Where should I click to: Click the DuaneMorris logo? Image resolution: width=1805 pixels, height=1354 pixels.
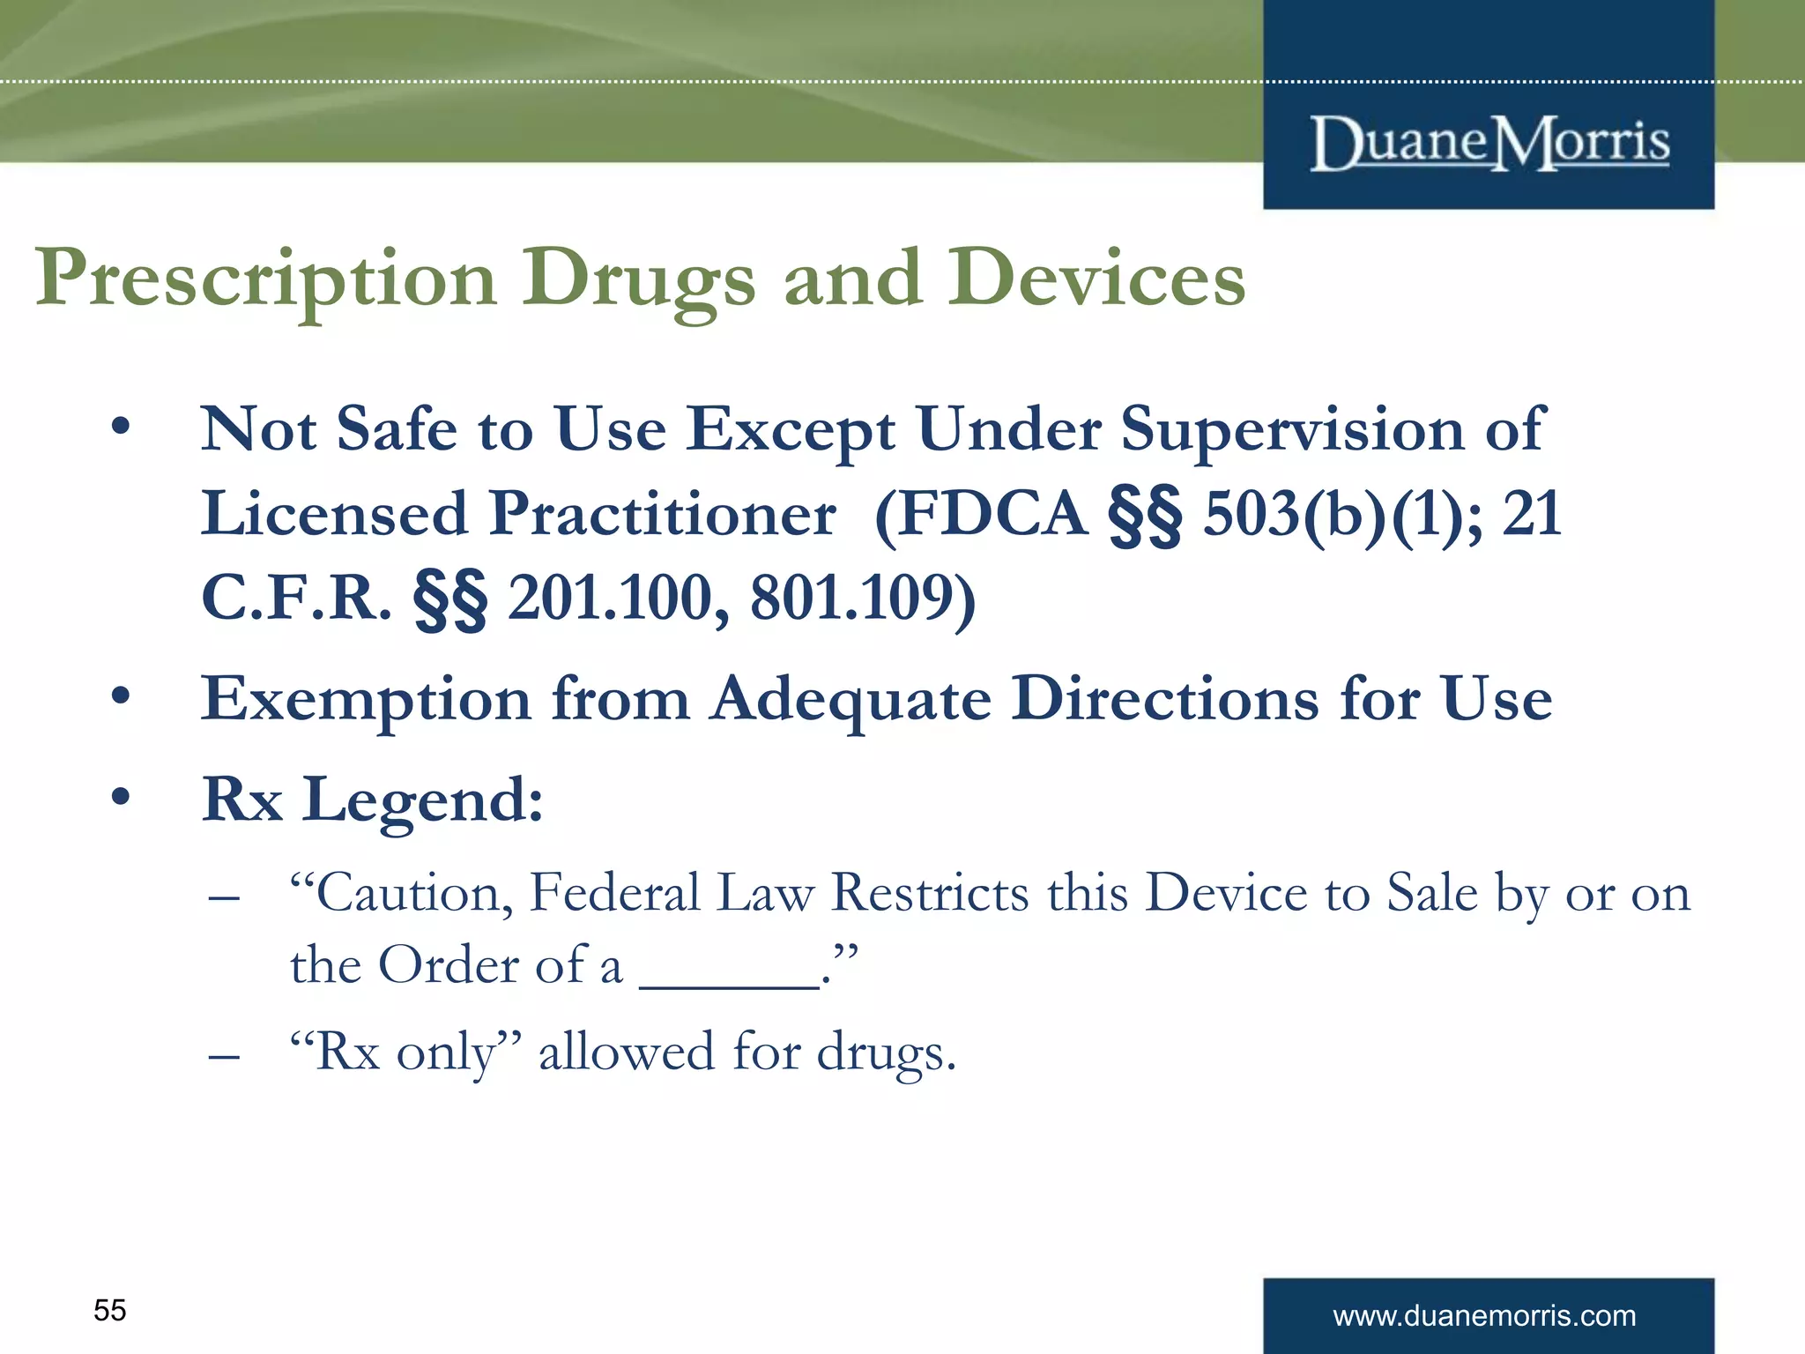(x=1489, y=143)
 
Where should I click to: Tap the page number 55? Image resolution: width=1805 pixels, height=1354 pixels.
(x=110, y=1310)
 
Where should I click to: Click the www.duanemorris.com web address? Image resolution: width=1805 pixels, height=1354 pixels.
(x=1484, y=1316)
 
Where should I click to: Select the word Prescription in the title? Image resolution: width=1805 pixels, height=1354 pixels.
(x=265, y=280)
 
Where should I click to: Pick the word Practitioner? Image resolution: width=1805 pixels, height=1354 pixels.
(x=663, y=514)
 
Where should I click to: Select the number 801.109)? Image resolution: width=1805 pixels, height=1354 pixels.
(x=863, y=599)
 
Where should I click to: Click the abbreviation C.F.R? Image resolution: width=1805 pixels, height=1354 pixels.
(x=296, y=599)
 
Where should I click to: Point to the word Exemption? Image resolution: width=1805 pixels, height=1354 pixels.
(x=366, y=700)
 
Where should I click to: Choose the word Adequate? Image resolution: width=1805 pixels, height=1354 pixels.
(x=851, y=700)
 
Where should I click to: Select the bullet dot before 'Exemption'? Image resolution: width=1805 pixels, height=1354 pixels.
(x=121, y=696)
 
